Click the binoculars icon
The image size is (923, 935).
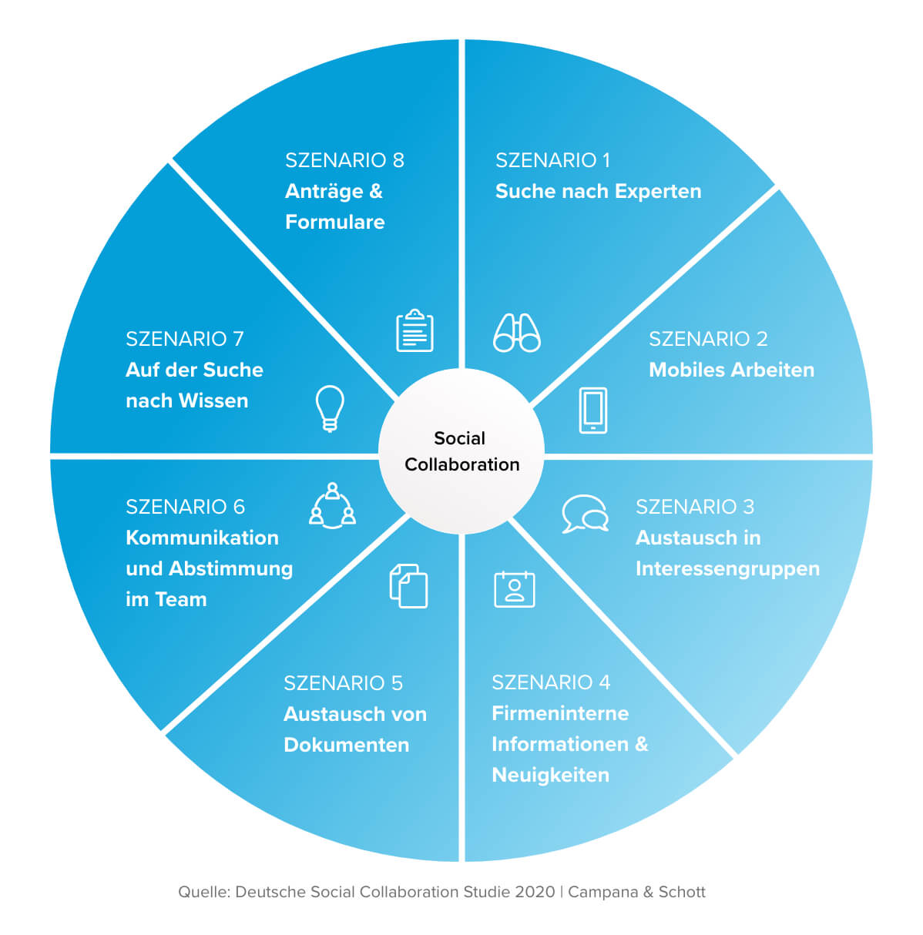(x=516, y=333)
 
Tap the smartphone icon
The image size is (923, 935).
(x=592, y=410)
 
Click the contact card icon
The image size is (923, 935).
(x=514, y=589)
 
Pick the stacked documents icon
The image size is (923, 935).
(x=408, y=586)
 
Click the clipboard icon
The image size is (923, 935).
(x=415, y=331)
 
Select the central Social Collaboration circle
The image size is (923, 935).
(x=461, y=451)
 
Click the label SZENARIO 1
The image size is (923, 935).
(x=552, y=160)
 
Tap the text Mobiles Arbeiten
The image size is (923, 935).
(x=731, y=370)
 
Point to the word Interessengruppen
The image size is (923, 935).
(x=727, y=568)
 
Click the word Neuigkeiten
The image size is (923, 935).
(x=550, y=775)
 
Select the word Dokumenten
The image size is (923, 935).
(x=346, y=745)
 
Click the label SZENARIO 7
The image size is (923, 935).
(x=184, y=339)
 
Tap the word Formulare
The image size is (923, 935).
(x=334, y=222)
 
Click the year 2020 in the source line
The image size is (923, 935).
(x=535, y=892)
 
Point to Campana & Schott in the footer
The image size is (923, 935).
(x=636, y=892)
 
